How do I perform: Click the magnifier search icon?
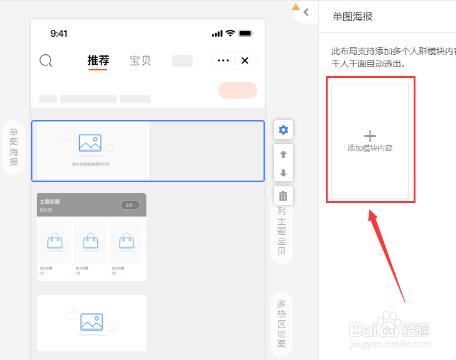[x=45, y=60]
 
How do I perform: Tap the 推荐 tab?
[x=98, y=60]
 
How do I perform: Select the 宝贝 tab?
[x=140, y=60]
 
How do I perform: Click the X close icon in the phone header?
[x=245, y=60]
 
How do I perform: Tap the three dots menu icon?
[x=224, y=60]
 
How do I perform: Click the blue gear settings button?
[x=283, y=130]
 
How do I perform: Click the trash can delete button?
[x=283, y=196]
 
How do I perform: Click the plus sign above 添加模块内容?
[x=370, y=136]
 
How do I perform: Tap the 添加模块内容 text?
[x=370, y=148]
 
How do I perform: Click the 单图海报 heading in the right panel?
[x=353, y=17]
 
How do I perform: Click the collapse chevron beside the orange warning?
[x=306, y=12]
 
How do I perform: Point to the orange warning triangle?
[x=296, y=7]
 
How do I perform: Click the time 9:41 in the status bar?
[x=59, y=34]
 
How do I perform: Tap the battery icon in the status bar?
[x=245, y=33]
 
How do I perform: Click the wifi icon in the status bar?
[x=230, y=33]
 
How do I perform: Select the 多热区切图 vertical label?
[x=282, y=323]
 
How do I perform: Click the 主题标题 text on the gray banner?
[x=50, y=202]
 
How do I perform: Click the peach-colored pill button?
[x=237, y=90]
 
